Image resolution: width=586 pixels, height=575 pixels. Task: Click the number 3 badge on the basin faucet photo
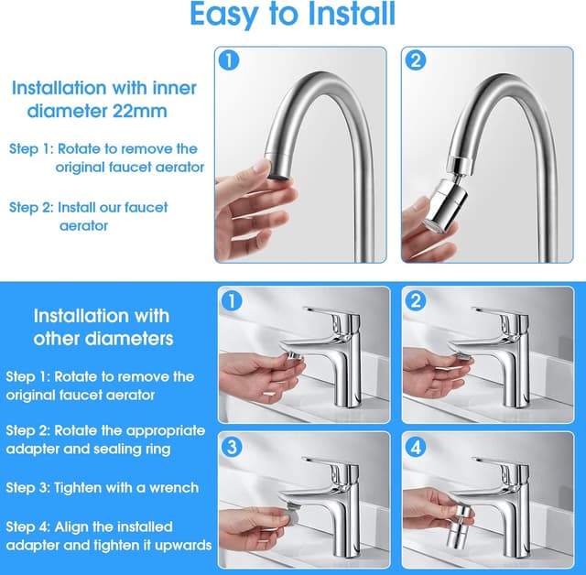[x=232, y=447]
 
